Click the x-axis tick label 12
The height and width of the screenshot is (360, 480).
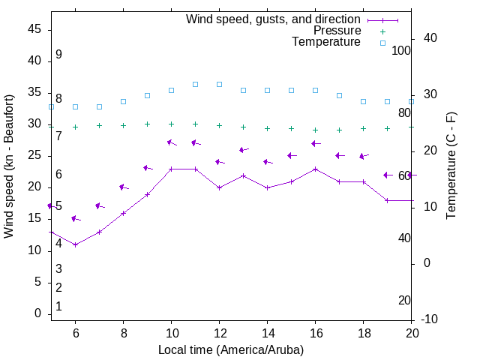[219, 333]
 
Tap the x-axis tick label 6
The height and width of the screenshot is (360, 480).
[75, 333]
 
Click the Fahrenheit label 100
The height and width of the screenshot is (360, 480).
[401, 50]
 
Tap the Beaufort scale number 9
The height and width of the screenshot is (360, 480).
[58, 55]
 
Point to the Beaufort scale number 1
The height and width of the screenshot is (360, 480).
[58, 306]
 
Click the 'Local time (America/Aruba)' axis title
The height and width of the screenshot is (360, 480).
[231, 349]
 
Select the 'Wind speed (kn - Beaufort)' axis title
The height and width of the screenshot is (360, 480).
[9, 166]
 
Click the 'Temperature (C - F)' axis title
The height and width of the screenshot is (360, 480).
[451, 166]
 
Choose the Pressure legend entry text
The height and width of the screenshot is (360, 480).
[337, 31]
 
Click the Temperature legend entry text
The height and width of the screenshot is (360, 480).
[326, 42]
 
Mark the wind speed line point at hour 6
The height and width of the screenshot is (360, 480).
[75, 244]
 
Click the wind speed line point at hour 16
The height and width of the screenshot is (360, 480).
[315, 169]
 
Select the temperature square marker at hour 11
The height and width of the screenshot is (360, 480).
[195, 84]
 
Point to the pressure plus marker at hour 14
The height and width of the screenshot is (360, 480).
[267, 128]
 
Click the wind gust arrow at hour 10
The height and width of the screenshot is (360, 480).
[172, 142]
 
